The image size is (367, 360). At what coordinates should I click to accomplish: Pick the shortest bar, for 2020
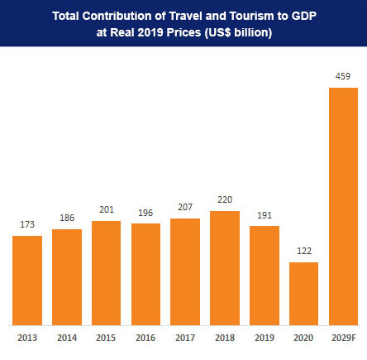pos(303,293)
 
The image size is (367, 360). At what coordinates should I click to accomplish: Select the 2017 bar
pos(184,271)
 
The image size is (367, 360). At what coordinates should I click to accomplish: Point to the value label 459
pos(343,77)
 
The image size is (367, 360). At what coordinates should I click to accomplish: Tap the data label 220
pos(224,200)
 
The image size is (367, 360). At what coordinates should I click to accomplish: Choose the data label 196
pos(145,213)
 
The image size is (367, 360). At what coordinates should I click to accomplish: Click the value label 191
pos(264,215)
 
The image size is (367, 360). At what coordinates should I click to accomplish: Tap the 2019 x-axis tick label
pos(264,337)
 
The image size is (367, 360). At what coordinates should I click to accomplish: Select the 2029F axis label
pos(343,337)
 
